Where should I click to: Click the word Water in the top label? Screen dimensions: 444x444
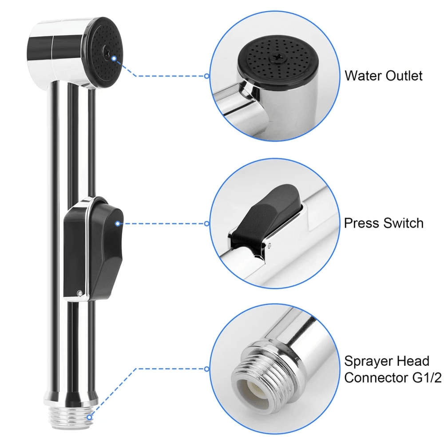[x=362, y=75]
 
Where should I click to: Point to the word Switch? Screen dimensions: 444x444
[x=404, y=223]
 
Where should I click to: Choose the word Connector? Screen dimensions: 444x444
[x=377, y=378]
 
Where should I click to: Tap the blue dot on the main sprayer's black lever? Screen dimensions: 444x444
[x=117, y=224]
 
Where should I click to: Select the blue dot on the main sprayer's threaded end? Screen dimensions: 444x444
[x=89, y=417]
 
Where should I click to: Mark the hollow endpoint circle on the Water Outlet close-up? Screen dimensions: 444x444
[x=206, y=76]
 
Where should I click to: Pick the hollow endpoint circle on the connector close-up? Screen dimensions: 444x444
[x=206, y=369]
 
